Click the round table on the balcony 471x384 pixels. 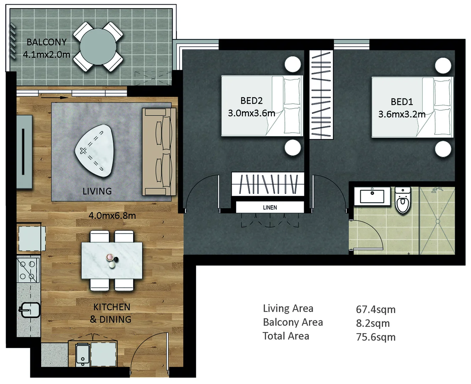98,47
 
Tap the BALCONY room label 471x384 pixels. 47,42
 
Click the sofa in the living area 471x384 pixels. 159,152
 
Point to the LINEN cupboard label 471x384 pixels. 270,207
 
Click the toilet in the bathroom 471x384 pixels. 403,201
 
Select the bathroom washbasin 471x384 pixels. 372,197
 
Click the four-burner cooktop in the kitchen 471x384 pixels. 27,270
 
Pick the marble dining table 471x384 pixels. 112,261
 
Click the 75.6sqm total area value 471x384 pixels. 375,337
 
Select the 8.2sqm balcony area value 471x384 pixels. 373,323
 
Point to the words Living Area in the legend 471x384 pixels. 288,308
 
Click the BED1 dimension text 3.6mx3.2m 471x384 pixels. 402,114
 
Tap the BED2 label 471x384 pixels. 251,101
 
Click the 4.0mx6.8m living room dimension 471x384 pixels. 112,215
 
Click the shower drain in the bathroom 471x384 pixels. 438,222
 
